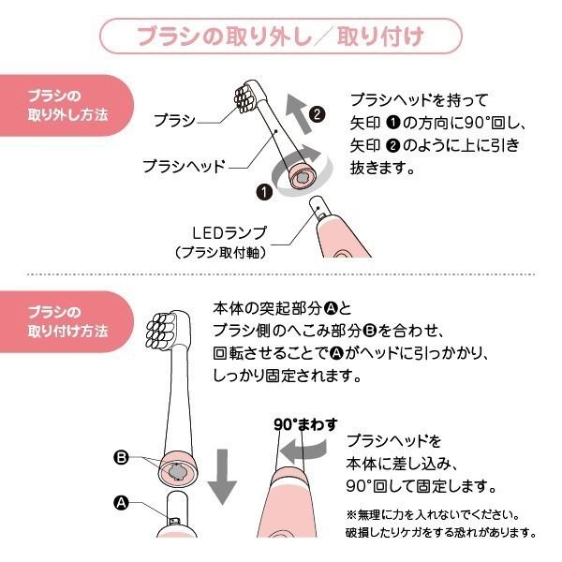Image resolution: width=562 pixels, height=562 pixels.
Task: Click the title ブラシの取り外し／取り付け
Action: pyautogui.click(x=281, y=37)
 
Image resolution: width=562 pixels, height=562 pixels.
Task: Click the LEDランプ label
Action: pyautogui.click(x=229, y=231)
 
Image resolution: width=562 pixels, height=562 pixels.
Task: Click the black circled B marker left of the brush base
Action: pyautogui.click(x=120, y=458)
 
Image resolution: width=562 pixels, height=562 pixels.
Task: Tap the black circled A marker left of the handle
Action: pyautogui.click(x=120, y=502)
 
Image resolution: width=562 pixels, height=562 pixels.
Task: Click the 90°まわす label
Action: pyautogui.click(x=305, y=421)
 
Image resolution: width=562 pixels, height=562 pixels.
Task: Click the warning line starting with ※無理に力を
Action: pyautogui.click(x=431, y=514)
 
